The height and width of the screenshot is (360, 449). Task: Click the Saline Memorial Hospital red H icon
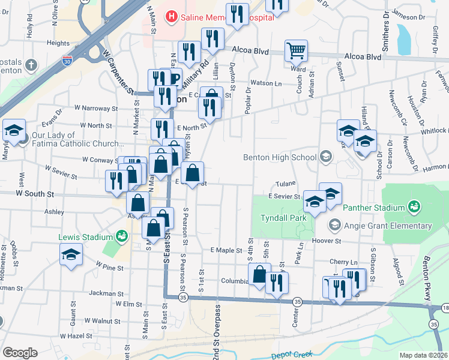[172, 16]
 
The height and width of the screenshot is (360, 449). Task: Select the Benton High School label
[279, 157]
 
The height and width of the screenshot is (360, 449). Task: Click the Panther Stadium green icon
[413, 208]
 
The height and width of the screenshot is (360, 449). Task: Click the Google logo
[19, 352]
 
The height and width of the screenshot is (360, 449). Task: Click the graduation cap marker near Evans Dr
[14, 130]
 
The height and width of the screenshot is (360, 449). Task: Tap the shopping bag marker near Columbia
[259, 274]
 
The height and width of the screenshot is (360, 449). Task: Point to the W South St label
[35, 194]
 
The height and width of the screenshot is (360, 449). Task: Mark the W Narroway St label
[96, 109]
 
